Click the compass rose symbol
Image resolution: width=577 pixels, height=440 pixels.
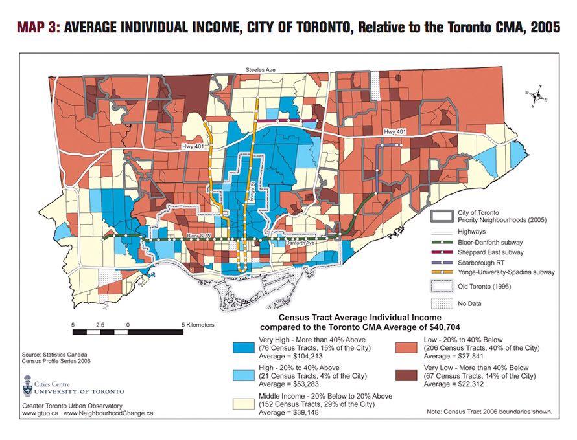(x=537, y=95)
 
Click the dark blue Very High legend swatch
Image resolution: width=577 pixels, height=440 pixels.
(x=244, y=346)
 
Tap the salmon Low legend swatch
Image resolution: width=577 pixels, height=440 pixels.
(x=407, y=346)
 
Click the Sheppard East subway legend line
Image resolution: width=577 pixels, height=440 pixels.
(x=446, y=252)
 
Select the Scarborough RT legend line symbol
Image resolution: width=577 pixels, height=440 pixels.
(x=446, y=262)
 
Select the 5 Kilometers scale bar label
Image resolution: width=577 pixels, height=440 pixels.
(x=199, y=324)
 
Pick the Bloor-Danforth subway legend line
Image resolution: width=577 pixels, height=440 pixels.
(x=446, y=241)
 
